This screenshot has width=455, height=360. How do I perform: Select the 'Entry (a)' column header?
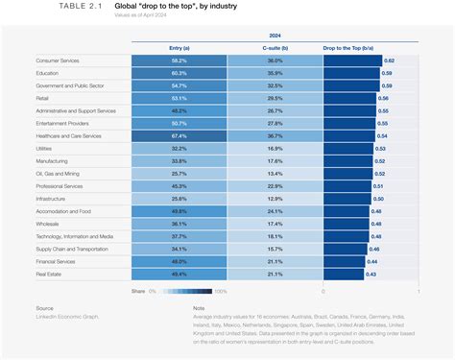(x=179, y=46)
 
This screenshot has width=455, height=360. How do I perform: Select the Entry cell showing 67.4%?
(x=179, y=135)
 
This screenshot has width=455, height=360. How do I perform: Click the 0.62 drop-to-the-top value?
(x=388, y=60)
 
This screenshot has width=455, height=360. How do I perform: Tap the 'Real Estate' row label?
(x=48, y=273)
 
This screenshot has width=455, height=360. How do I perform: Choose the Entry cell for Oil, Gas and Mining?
(x=179, y=173)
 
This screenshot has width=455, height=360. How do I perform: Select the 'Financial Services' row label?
(x=56, y=260)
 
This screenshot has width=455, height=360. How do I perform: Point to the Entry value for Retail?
(x=179, y=97)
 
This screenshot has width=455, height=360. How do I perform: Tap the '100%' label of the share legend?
(x=220, y=290)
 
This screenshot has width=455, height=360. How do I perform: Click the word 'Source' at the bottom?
(x=46, y=309)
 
